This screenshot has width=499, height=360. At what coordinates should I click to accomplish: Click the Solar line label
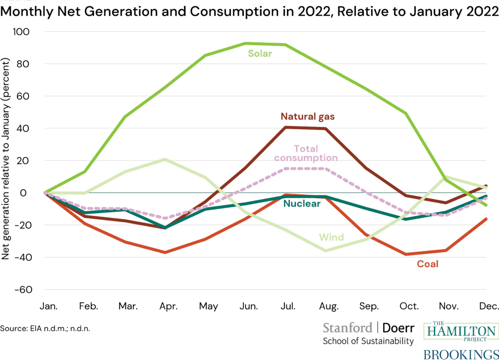tap(260, 53)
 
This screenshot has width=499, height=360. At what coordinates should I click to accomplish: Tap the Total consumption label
tap(306, 153)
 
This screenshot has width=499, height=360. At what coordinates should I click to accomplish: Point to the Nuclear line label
tap(301, 203)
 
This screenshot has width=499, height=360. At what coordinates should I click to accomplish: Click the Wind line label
tap(331, 238)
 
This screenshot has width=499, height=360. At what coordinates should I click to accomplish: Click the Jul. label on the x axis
tap(288, 306)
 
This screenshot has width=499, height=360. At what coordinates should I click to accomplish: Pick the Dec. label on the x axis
tap(488, 306)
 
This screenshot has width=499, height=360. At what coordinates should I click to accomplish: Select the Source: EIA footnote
tap(45, 328)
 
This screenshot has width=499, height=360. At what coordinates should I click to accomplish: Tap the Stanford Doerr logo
tap(368, 334)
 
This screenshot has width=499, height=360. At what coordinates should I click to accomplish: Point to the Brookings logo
tap(460, 353)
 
